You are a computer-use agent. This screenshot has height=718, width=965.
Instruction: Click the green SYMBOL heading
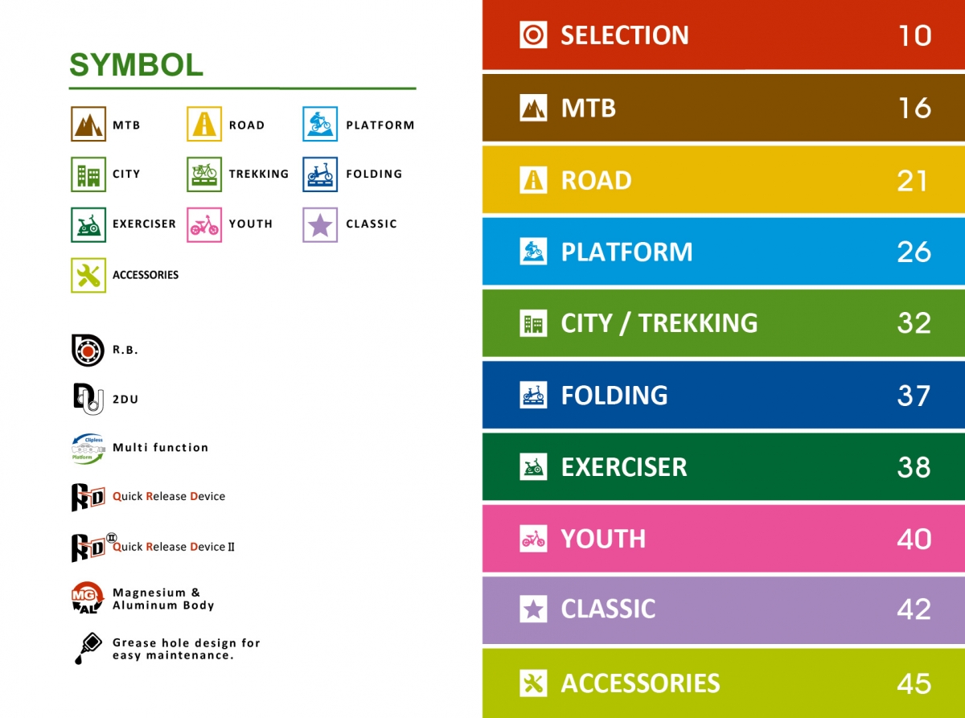pyautogui.click(x=136, y=65)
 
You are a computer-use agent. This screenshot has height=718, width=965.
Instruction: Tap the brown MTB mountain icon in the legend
pyautogui.click(x=88, y=124)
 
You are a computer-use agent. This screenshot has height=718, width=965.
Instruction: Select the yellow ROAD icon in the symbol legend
pyautogui.click(x=204, y=124)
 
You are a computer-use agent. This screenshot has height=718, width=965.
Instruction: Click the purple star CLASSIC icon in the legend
pyautogui.click(x=320, y=224)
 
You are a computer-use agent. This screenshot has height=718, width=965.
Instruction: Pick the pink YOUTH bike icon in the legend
pyautogui.click(x=204, y=224)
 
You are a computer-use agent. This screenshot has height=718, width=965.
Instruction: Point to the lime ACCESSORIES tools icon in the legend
pyautogui.click(x=88, y=276)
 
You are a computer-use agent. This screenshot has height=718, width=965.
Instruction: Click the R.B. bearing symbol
pyautogui.click(x=88, y=351)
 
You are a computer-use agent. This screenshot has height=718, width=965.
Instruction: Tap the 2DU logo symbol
pyautogui.click(x=88, y=399)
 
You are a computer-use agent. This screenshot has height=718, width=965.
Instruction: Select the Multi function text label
pyautogui.click(x=161, y=447)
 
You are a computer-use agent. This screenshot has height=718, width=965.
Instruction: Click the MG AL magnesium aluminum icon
pyautogui.click(x=88, y=598)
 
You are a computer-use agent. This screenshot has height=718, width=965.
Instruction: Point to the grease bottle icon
pyautogui.click(x=88, y=648)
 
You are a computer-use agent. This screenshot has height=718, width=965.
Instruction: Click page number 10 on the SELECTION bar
pyautogui.click(x=915, y=35)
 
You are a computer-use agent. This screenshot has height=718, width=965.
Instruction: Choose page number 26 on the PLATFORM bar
pyautogui.click(x=914, y=252)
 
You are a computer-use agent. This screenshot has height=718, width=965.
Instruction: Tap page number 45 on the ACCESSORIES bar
pyautogui.click(x=914, y=683)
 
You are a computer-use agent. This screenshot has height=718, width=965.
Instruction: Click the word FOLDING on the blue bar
pyautogui.click(x=614, y=395)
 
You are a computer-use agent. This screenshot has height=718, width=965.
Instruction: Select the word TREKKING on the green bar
pyautogui.click(x=698, y=323)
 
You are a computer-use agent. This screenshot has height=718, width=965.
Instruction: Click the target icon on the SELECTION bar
pyautogui.click(x=533, y=35)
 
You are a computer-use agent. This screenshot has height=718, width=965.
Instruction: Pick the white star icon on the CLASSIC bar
pyautogui.click(x=533, y=609)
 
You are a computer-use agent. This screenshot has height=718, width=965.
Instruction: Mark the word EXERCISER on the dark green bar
pyautogui.click(x=624, y=467)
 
